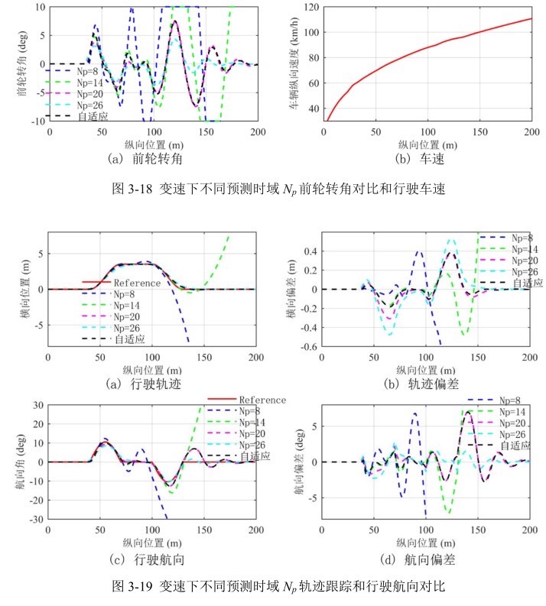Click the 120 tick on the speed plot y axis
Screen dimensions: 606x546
[310, 7]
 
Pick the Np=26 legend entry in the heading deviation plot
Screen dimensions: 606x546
[518, 433]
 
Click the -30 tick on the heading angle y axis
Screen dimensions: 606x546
[33, 520]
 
